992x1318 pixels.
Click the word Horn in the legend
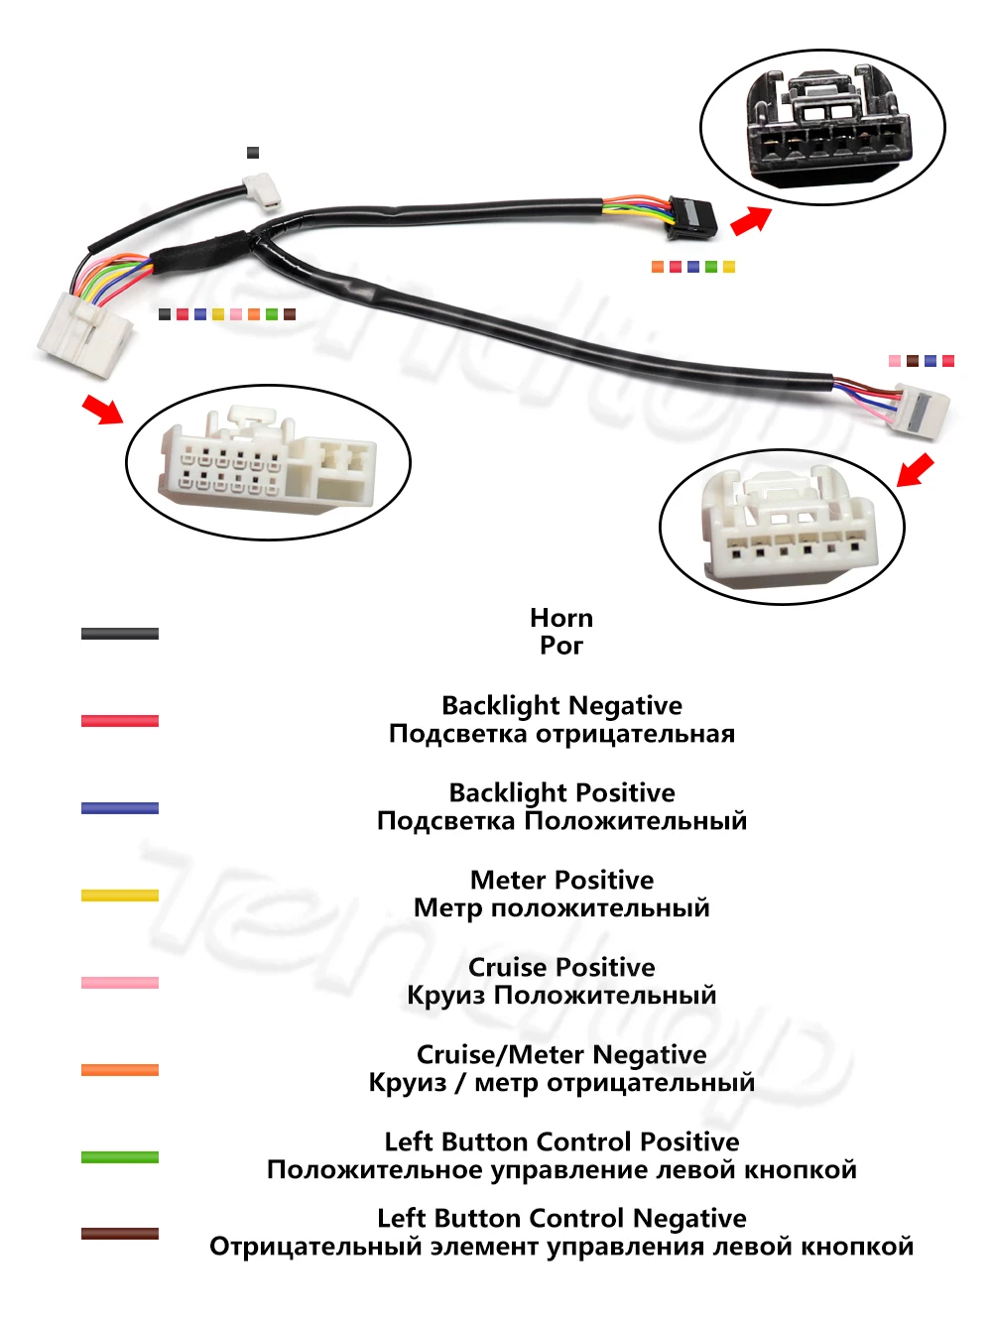pyautogui.click(x=561, y=618)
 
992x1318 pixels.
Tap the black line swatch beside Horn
pyautogui.click(x=120, y=634)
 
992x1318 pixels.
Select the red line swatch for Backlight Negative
pyautogui.click(x=120, y=721)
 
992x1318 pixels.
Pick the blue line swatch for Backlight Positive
pyautogui.click(x=120, y=808)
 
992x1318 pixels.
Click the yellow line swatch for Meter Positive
pyautogui.click(x=120, y=896)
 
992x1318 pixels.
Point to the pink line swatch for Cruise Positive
pyautogui.click(x=120, y=983)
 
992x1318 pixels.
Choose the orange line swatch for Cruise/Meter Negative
pyautogui.click(x=120, y=1070)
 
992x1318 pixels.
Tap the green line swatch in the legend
pyautogui.click(x=120, y=1157)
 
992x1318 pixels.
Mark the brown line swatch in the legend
pyautogui.click(x=120, y=1234)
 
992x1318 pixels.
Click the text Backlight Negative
pyautogui.click(x=561, y=705)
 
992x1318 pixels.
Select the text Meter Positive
pyautogui.click(x=561, y=880)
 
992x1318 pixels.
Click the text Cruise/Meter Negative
pyautogui.click(x=561, y=1054)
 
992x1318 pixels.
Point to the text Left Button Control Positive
pyautogui.click(x=561, y=1141)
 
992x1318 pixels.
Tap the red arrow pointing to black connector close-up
pyautogui.click(x=751, y=220)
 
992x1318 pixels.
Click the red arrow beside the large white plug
pyautogui.click(x=102, y=408)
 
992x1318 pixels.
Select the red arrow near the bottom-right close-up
pyautogui.click(x=916, y=469)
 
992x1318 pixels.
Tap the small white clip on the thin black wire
pyautogui.click(x=264, y=189)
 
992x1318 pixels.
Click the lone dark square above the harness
pyautogui.click(x=253, y=153)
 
